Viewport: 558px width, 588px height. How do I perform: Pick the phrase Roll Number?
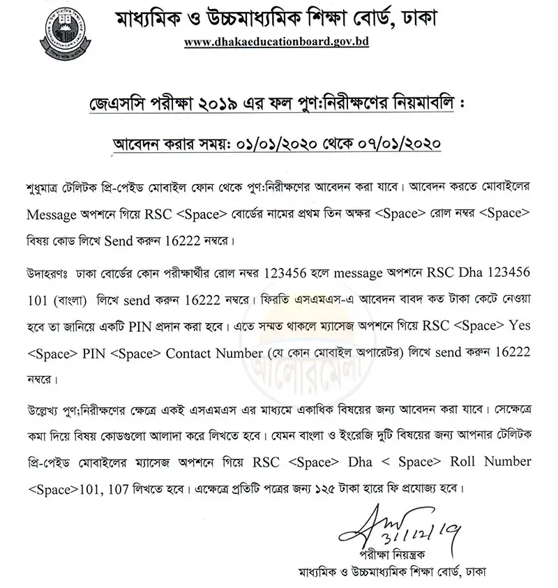click(x=499, y=461)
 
